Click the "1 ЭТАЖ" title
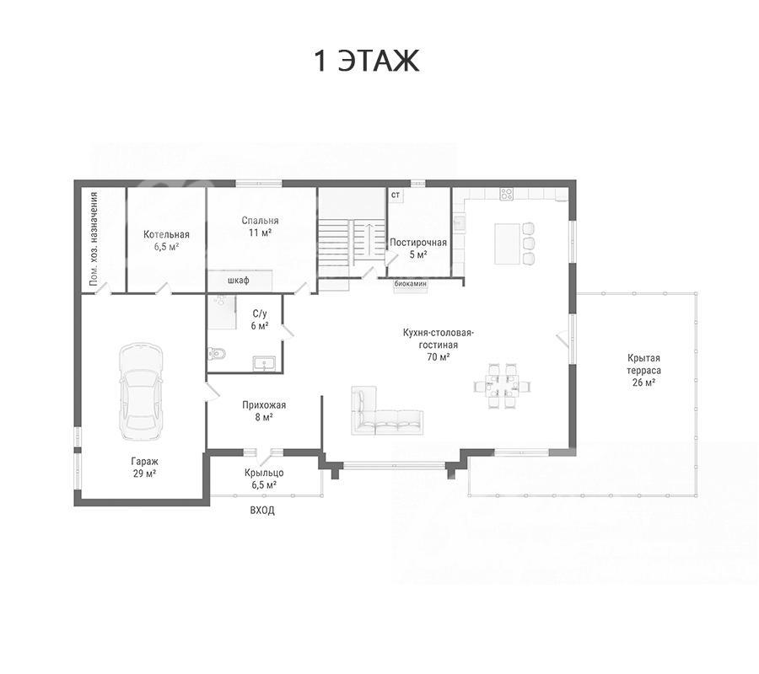[x=367, y=61]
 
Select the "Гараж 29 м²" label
[x=145, y=468]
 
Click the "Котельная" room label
[x=166, y=234]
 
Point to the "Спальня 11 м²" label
[x=260, y=227]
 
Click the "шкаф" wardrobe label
[x=238, y=280]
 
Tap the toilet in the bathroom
[x=217, y=354]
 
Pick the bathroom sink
[x=264, y=362]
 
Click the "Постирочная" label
[x=418, y=243]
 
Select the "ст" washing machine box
[x=396, y=195]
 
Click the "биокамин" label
[x=411, y=284]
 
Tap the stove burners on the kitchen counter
[x=506, y=195]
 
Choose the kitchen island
[x=507, y=243]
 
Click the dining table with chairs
[x=503, y=386]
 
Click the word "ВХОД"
[x=262, y=510]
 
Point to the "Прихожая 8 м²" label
[x=264, y=410]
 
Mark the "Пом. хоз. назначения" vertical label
[x=94, y=238]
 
